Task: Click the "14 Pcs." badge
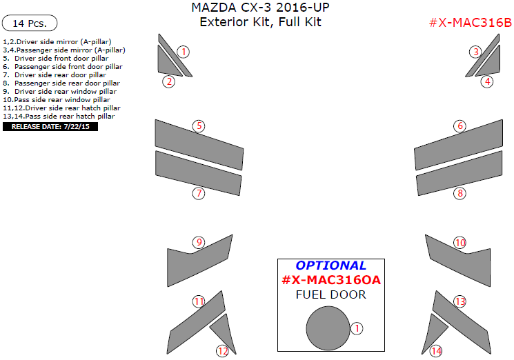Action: (30, 23)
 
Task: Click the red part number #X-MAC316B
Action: (470, 23)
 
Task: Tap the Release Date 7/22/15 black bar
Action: (50, 126)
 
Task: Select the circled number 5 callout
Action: (199, 126)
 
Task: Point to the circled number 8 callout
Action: (459, 193)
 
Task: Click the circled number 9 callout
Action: (199, 242)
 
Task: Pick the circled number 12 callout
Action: (222, 351)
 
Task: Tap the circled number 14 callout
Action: (436, 351)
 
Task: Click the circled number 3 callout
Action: (475, 52)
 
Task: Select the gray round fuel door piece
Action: (328, 328)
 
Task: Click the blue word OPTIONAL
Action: (330, 266)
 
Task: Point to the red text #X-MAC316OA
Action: (330, 281)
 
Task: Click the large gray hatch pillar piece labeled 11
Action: (196, 324)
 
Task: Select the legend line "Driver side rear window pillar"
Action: (61, 91)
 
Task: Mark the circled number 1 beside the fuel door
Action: (356, 328)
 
